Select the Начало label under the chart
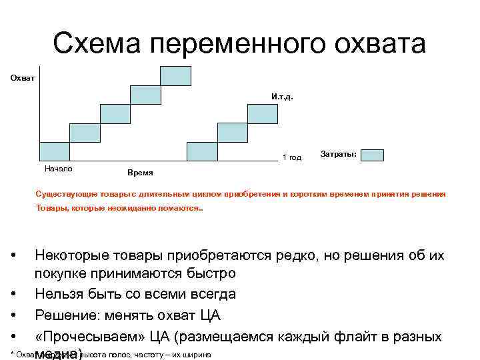click(58, 168)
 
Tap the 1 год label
click(292, 157)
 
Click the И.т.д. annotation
click(282, 97)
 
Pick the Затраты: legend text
click(339, 154)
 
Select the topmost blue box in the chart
click(175, 75)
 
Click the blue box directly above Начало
click(55, 151)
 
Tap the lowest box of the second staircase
click(202, 151)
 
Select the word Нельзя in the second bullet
click(58, 294)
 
